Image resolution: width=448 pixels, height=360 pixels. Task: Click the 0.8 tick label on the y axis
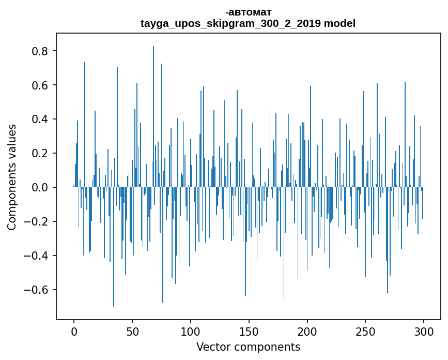tap(41, 51)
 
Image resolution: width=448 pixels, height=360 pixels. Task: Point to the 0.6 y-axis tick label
tap(41, 85)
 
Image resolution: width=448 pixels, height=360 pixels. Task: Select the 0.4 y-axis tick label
tap(41, 119)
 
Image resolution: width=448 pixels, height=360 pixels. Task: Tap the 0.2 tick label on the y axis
tap(41, 154)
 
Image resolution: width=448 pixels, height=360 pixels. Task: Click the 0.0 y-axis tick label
tap(41, 187)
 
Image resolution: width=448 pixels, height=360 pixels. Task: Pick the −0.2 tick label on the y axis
tap(37, 221)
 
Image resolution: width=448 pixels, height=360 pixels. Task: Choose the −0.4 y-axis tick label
tap(37, 256)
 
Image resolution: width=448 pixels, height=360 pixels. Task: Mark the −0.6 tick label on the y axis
tap(37, 290)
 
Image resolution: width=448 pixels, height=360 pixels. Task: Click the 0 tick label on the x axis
tap(74, 332)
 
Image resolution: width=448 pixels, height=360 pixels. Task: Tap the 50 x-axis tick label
tap(132, 332)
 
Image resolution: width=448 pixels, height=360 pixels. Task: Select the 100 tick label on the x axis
tap(191, 332)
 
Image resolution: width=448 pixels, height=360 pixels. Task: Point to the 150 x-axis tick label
tap(249, 332)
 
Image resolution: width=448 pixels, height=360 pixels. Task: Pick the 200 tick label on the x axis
tap(307, 332)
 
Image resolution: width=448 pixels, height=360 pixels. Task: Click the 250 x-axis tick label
tap(365, 332)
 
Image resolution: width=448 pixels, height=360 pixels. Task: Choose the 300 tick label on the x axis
tap(424, 332)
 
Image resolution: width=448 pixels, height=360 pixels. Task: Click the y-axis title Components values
tap(12, 177)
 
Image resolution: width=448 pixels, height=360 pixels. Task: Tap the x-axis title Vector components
tap(248, 347)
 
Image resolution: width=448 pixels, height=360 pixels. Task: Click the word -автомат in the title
tap(248, 12)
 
